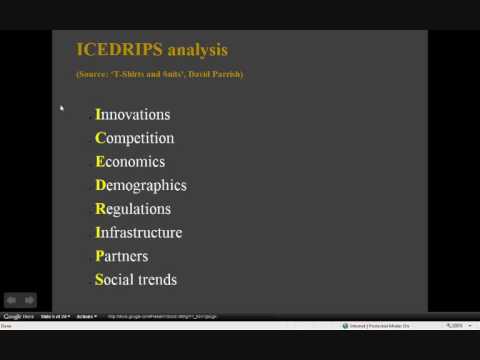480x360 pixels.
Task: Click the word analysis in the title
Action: click(196, 50)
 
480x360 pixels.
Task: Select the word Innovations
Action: click(133, 115)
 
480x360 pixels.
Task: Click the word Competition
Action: click(135, 138)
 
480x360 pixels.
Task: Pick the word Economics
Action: click(130, 162)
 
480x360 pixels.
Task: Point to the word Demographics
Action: click(141, 185)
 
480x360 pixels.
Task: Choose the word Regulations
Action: click(133, 209)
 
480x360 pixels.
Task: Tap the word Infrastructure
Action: click(138, 233)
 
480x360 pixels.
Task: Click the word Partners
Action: click(121, 256)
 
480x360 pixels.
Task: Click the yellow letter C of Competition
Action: click(100, 138)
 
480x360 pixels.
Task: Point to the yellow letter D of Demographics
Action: click(100, 185)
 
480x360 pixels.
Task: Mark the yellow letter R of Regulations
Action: click(100, 209)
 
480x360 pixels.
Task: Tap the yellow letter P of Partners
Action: click(99, 256)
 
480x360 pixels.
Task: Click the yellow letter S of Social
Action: click(99, 280)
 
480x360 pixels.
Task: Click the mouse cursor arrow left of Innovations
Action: click(61, 108)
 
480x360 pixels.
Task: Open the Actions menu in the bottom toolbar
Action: click(86, 316)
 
